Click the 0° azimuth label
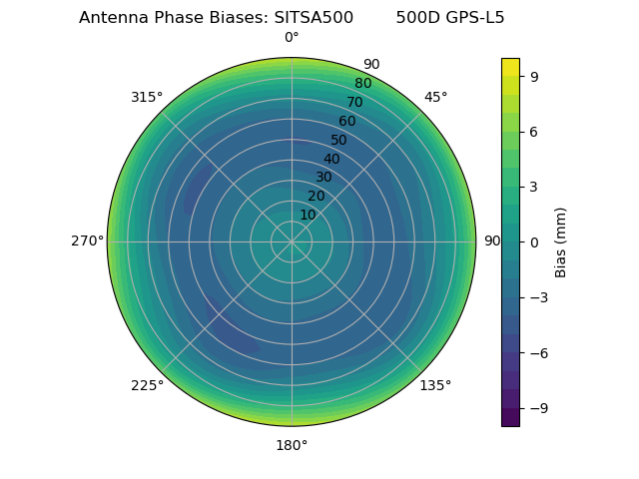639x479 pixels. point(292,38)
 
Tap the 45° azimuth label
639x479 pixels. point(435,97)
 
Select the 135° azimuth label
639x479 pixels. point(435,385)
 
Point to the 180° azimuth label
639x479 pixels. point(292,445)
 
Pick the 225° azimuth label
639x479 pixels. point(147,386)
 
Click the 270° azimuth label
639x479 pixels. point(88,241)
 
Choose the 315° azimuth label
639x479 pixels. point(147,97)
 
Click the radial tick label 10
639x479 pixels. point(308,215)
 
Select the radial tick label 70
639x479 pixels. point(354,103)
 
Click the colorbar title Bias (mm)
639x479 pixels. point(561,241)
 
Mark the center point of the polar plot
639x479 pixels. point(292,241)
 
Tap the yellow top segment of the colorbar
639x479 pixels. point(510,67)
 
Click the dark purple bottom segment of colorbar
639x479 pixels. point(510,418)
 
